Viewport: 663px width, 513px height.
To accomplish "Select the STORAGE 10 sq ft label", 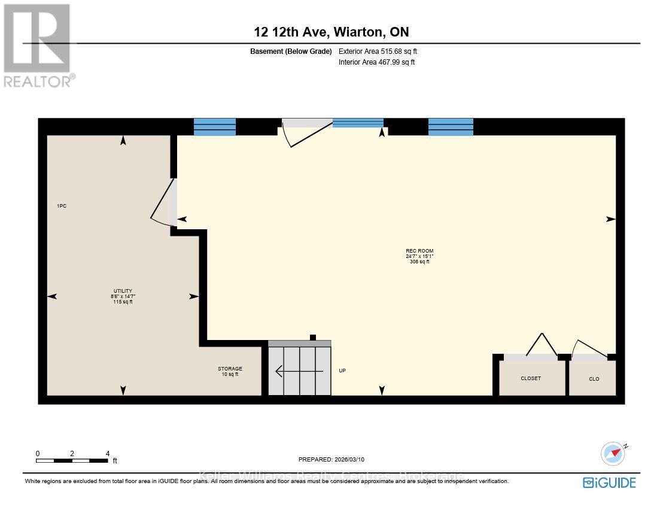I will pyautogui.click(x=230, y=371).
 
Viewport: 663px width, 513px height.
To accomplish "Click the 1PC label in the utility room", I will pyautogui.click(x=62, y=206).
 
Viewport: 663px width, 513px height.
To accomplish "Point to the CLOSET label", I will pyautogui.click(x=531, y=378).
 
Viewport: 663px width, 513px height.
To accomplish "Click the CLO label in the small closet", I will pyautogui.click(x=594, y=379).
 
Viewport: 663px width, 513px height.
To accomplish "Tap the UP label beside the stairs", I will pyautogui.click(x=342, y=371).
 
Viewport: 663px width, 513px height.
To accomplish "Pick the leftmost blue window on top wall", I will pyautogui.click(x=215, y=127).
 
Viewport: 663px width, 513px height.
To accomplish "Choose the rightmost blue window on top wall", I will pyautogui.click(x=451, y=127).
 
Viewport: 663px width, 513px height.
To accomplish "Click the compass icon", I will pyautogui.click(x=613, y=454).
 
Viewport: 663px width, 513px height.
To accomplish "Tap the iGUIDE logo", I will pyautogui.click(x=609, y=482).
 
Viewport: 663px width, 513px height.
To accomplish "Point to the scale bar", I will pyautogui.click(x=72, y=460).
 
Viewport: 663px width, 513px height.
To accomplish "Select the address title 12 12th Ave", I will pyautogui.click(x=331, y=32).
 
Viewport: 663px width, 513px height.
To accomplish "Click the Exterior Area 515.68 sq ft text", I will pyautogui.click(x=378, y=51).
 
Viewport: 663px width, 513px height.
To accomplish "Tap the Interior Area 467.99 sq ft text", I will pyautogui.click(x=376, y=62).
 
